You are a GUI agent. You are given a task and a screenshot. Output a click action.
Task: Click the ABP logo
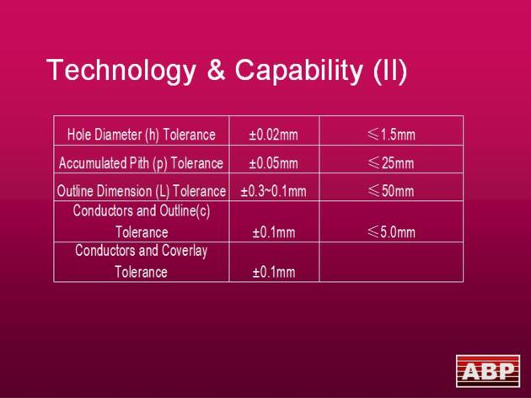point(488,371)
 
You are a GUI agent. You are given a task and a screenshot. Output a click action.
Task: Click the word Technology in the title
point(121,71)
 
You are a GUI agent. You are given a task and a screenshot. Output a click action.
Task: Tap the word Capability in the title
point(299,71)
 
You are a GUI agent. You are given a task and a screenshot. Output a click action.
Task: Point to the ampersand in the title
point(216,70)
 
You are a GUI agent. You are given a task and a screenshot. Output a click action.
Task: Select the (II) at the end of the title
point(389,71)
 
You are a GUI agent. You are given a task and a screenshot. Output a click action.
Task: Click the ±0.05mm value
point(274,164)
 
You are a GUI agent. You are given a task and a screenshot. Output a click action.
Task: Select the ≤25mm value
point(391,163)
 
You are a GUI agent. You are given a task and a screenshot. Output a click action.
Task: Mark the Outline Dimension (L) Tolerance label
point(142,191)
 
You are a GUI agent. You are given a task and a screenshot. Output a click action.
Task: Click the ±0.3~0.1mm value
point(274,191)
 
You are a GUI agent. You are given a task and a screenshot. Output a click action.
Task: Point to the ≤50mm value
point(391,191)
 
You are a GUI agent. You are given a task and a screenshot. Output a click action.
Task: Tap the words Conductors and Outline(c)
point(142,210)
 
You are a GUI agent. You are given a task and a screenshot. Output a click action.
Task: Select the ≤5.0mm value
point(391,232)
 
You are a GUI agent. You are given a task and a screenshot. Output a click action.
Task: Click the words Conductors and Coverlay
point(142,251)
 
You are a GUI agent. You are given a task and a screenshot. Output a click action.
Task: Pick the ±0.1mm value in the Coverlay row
point(274,272)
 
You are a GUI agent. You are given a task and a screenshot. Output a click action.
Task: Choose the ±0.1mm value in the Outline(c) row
point(274,232)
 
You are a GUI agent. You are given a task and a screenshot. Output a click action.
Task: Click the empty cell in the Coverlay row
point(391,262)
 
